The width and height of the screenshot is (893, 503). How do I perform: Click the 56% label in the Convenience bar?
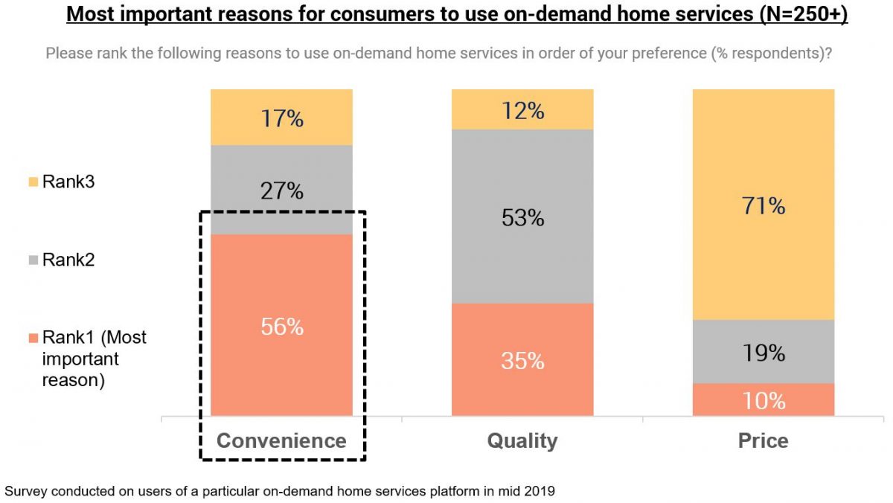tap(281, 326)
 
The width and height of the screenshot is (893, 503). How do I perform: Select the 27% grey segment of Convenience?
tap(281, 190)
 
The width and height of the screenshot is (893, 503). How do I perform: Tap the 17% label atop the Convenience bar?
tap(281, 118)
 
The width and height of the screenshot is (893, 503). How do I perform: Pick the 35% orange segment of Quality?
tap(522, 361)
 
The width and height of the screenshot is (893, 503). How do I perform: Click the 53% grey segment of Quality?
tap(522, 217)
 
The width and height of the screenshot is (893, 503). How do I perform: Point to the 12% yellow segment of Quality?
tap(522, 110)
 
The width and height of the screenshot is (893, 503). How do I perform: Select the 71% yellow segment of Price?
tap(764, 205)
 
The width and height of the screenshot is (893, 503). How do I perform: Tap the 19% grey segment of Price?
tap(764, 353)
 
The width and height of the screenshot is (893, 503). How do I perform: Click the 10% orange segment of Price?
tap(764, 400)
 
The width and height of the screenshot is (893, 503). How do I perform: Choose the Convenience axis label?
tap(281, 440)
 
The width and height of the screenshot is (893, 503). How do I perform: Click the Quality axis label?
tap(522, 440)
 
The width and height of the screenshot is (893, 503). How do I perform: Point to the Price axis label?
tap(764, 440)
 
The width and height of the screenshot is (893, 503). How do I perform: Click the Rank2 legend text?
tap(68, 260)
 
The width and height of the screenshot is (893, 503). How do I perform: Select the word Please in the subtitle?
tap(68, 54)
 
